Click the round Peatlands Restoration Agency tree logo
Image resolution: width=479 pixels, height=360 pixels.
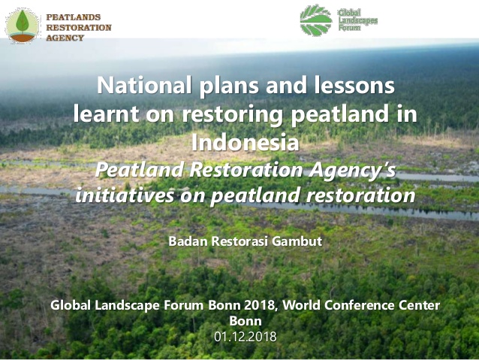[x=22, y=26]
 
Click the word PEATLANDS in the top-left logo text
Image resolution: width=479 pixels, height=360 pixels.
[x=74, y=17]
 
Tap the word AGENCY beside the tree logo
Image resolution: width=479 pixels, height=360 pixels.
[x=65, y=38]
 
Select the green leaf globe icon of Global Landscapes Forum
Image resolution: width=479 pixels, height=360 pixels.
[x=316, y=20]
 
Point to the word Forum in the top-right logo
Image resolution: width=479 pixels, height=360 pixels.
[x=349, y=28]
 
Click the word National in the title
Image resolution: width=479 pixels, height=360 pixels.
[x=144, y=85]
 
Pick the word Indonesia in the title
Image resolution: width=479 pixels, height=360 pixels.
[x=245, y=142]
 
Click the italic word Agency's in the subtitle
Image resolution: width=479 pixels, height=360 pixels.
[x=352, y=171]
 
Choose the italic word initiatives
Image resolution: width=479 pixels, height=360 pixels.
[x=125, y=195]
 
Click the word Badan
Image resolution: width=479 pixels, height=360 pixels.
[x=188, y=241]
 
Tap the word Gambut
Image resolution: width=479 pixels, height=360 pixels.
[x=297, y=241]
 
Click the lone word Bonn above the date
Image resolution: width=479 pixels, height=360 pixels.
[x=246, y=321]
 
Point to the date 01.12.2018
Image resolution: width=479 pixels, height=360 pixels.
[x=246, y=337]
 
